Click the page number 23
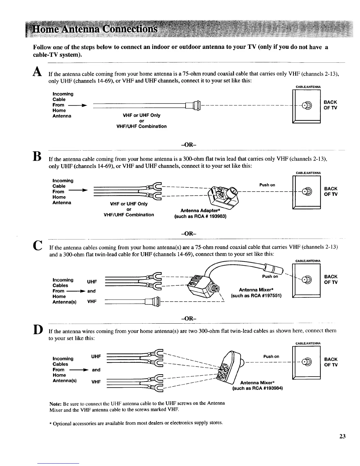342,436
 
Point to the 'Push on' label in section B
267,185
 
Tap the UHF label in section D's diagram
96,357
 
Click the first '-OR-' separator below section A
189,145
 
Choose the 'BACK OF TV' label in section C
331,279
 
